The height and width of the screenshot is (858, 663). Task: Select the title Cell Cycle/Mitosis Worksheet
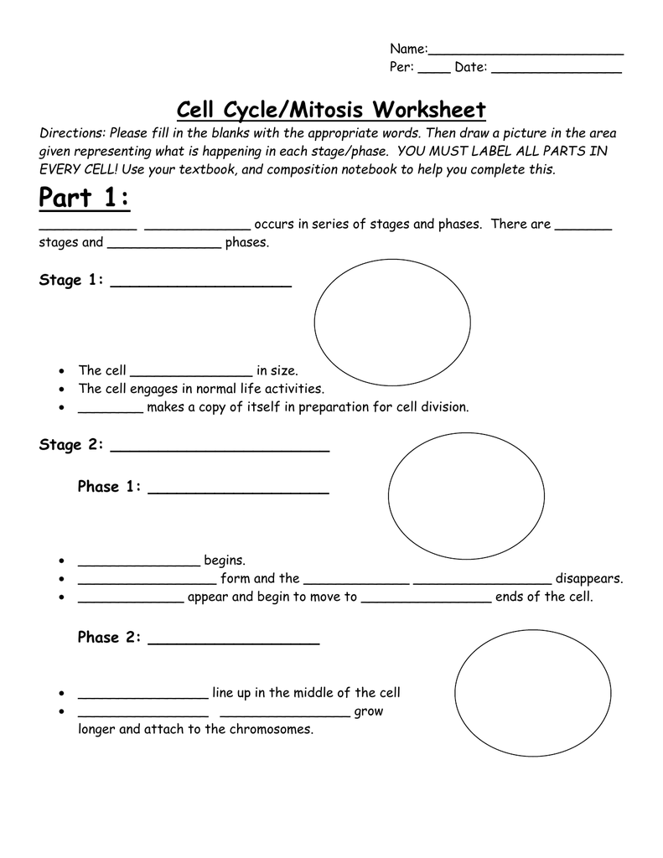pyautogui.click(x=331, y=110)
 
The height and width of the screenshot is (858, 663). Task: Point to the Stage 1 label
pyautogui.click(x=71, y=280)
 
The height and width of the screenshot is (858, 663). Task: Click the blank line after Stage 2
pyautogui.click(x=220, y=450)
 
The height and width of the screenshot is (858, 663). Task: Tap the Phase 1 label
pyautogui.click(x=110, y=487)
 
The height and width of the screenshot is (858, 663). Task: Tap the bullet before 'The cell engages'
pyautogui.click(x=64, y=390)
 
